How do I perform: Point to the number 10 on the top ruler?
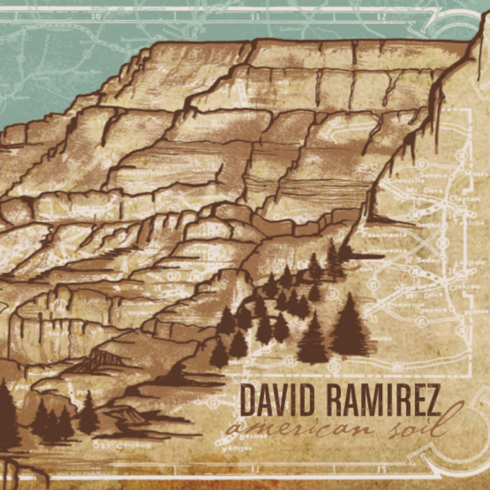(x=97, y=15)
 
